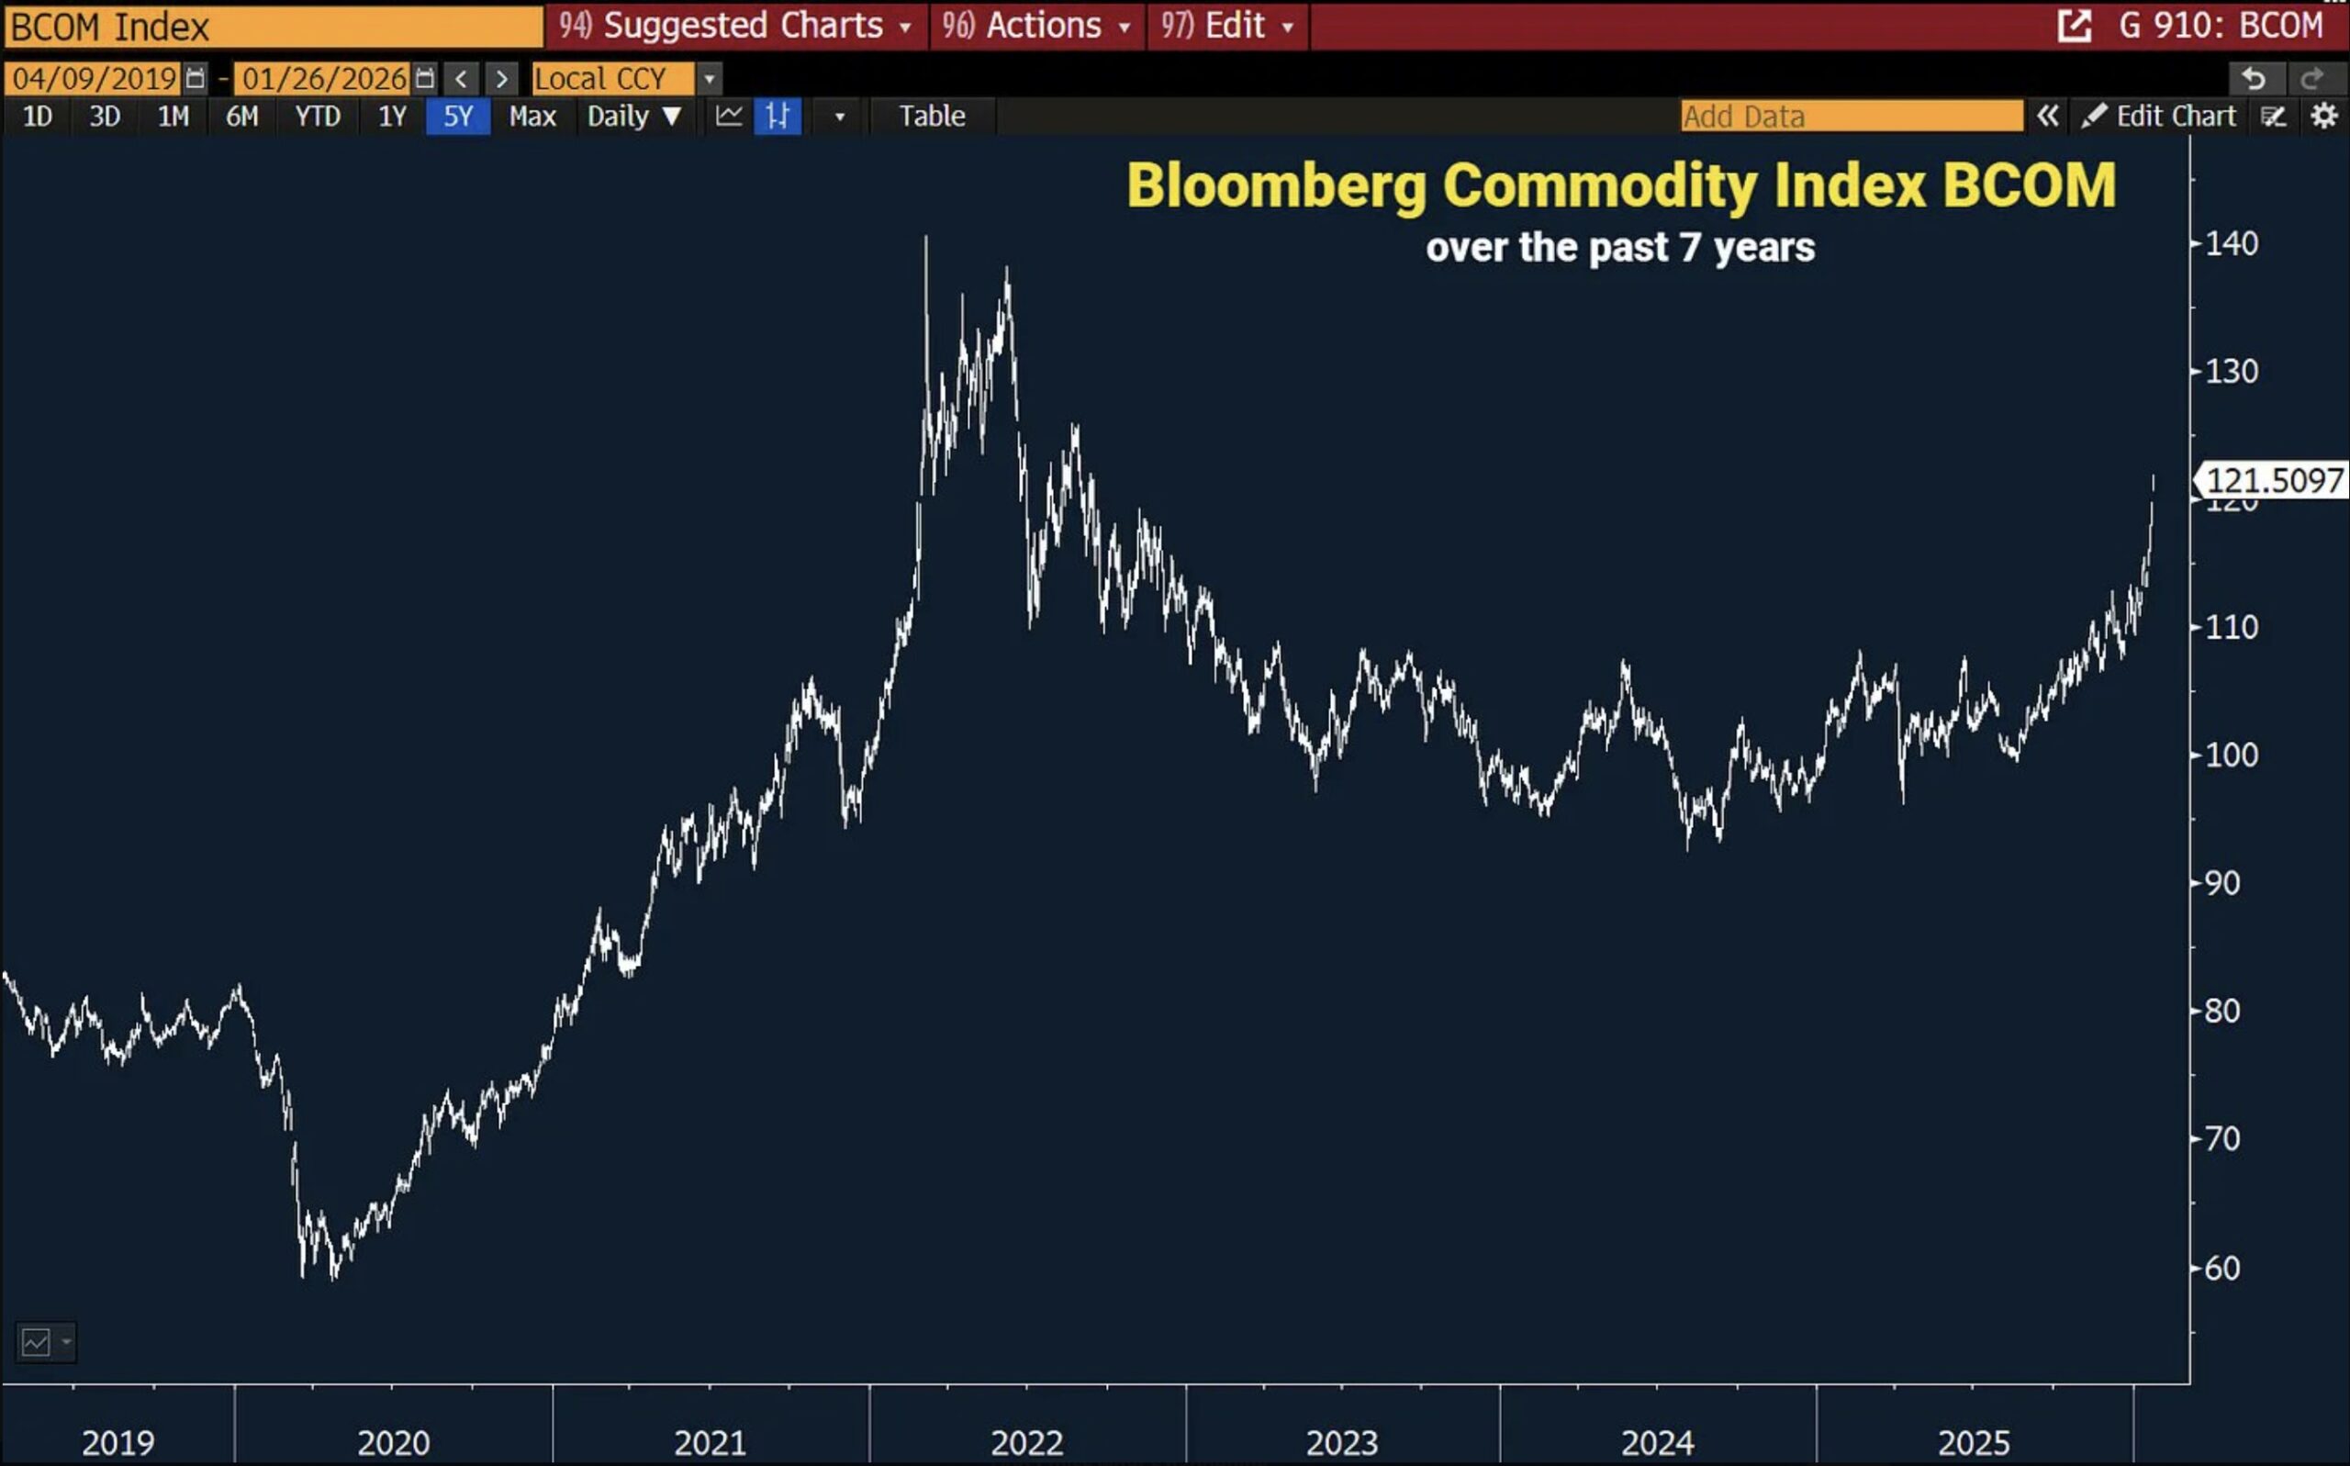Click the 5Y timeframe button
point(457,117)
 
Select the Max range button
point(532,117)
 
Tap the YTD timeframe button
point(317,117)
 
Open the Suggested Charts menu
point(737,25)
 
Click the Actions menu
point(1037,25)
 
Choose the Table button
point(932,117)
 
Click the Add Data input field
point(1851,117)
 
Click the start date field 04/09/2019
point(94,79)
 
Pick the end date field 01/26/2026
point(324,79)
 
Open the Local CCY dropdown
point(709,79)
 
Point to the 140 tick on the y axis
point(2231,243)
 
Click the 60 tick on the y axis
point(2222,1269)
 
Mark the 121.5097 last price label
point(2274,480)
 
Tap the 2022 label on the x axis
point(1026,1443)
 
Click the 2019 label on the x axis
point(118,1443)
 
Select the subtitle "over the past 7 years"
point(1620,247)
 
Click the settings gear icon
point(2323,117)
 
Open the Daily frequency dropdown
point(634,117)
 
